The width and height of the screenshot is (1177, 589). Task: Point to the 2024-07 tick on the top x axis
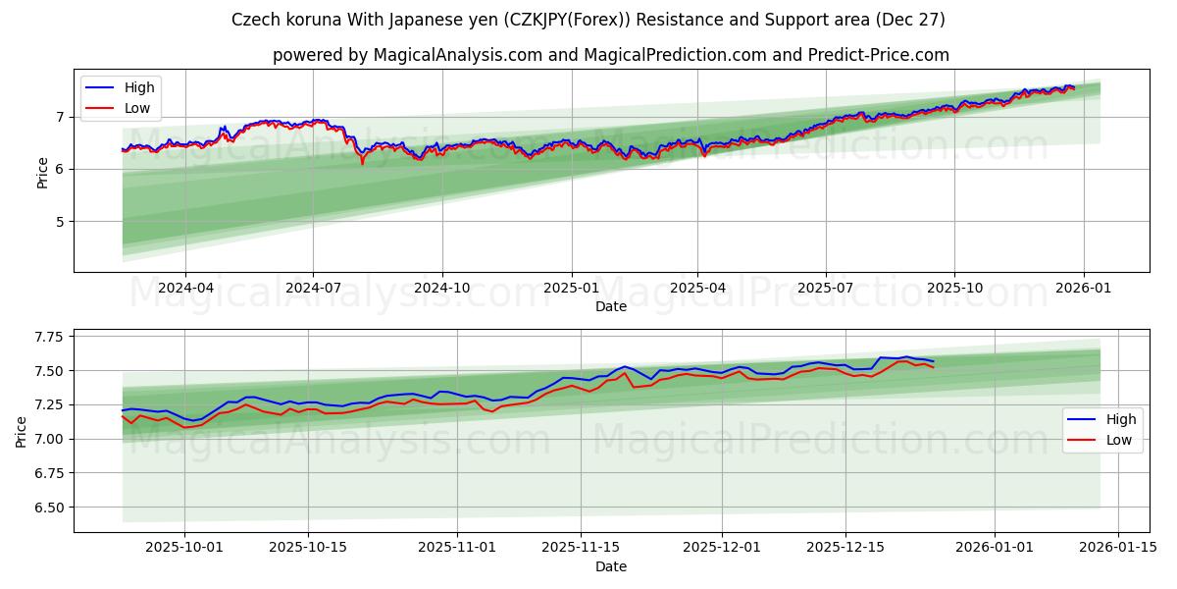coord(313,288)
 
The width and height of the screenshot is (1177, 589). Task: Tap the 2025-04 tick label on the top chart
coord(697,288)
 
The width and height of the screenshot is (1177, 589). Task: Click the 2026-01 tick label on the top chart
coord(1083,288)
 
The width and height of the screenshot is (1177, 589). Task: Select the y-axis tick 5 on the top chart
coord(60,221)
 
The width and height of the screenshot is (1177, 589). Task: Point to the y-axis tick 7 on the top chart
coord(60,117)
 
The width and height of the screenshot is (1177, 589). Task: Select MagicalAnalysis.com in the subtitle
coord(458,55)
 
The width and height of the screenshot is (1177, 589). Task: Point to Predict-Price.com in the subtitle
coord(880,55)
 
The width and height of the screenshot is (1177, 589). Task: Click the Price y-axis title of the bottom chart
coord(21,431)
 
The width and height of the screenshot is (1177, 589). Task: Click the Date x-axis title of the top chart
coord(610,306)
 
